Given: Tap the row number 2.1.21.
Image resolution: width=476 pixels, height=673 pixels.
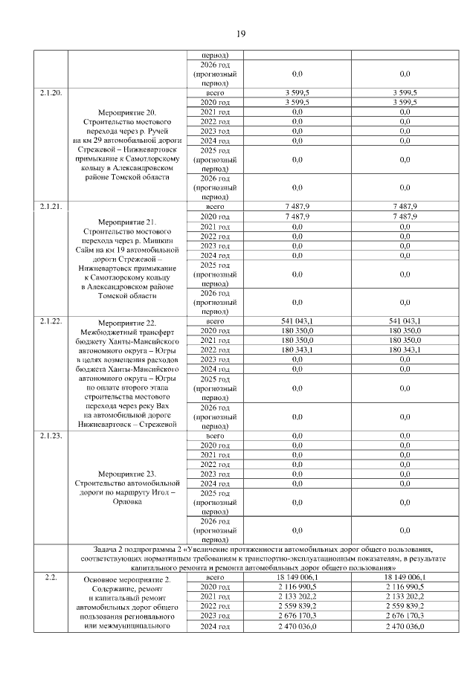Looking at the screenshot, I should pyautogui.click(x=51, y=206).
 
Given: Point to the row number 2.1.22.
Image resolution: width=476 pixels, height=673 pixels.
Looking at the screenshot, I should pyautogui.click(x=51, y=321).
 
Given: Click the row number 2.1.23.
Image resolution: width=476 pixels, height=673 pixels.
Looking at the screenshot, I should pyautogui.click(x=51, y=436).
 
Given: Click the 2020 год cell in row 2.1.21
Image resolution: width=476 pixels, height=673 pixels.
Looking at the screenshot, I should pyautogui.click(x=215, y=216).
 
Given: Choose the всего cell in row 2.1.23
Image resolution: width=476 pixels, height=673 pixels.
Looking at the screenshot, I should pyautogui.click(x=215, y=436).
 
